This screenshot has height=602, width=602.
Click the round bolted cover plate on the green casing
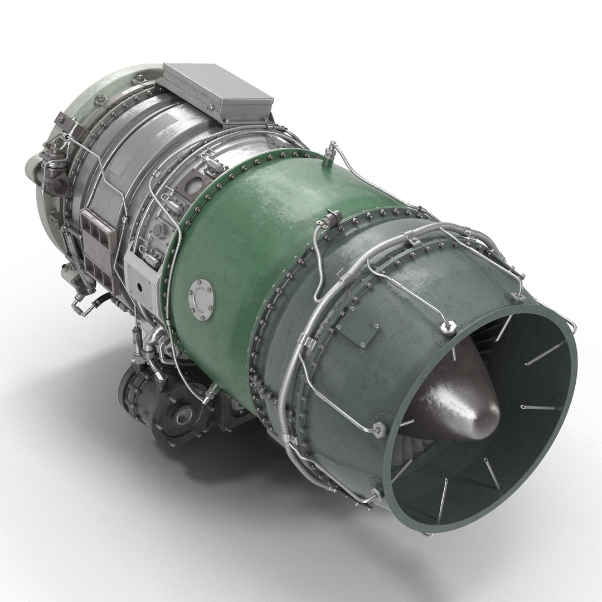(x=201, y=300)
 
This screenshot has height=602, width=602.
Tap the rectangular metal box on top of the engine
(x=217, y=91)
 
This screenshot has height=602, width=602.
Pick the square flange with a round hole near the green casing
(x=192, y=186)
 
